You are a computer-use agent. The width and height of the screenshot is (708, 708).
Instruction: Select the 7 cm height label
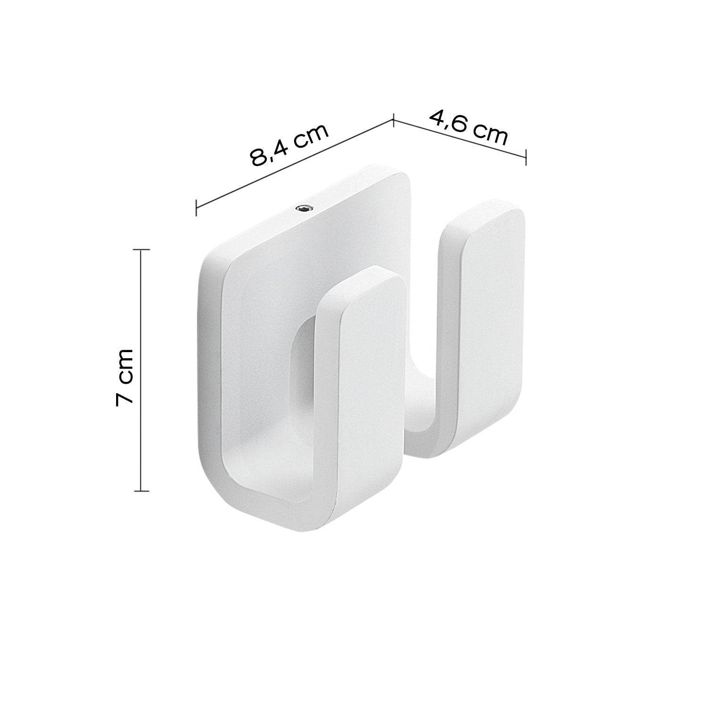(126, 377)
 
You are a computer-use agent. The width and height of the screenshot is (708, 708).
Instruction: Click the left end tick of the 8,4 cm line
(196, 207)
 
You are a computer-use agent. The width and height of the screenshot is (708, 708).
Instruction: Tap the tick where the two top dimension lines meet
(393, 120)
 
